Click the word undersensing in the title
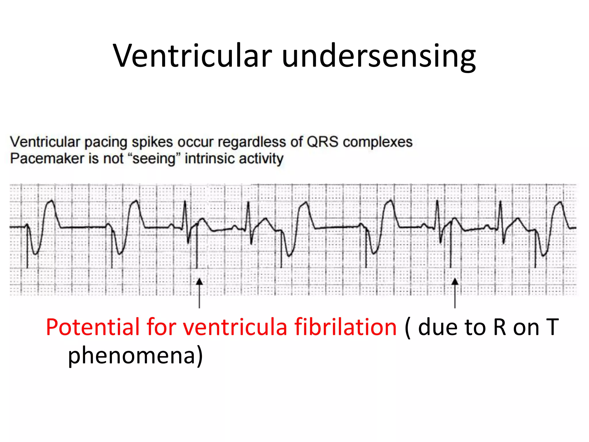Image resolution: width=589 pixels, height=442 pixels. click(x=379, y=56)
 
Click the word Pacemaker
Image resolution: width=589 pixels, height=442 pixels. click(x=47, y=159)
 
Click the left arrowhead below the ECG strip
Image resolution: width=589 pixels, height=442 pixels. click(x=199, y=282)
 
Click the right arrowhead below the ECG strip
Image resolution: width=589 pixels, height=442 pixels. click(x=455, y=282)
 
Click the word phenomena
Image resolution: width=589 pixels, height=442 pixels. click(x=132, y=356)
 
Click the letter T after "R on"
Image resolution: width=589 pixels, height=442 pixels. click(x=552, y=327)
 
